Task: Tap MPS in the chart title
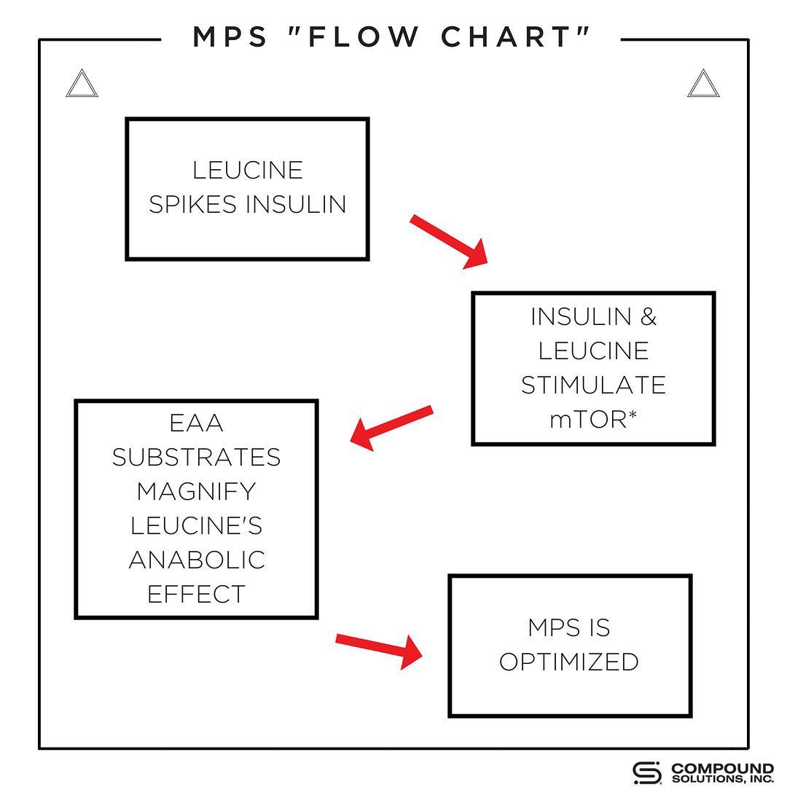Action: tap(230, 36)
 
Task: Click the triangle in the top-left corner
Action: tap(82, 83)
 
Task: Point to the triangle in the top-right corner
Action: tap(703, 83)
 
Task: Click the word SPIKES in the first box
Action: tap(192, 204)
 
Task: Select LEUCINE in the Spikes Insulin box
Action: tap(248, 170)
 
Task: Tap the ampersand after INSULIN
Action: tap(649, 317)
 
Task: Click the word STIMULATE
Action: tap(593, 385)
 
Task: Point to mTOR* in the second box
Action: tap(593, 419)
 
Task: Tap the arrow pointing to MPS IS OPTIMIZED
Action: tap(380, 651)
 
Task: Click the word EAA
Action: tap(196, 423)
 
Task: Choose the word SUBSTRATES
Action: tap(196, 457)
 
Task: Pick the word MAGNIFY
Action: tap(196, 491)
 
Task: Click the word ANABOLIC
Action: tap(196, 560)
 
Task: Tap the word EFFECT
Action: tap(196, 594)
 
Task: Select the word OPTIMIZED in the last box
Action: tap(569, 662)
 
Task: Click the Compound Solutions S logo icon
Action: tap(647, 773)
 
